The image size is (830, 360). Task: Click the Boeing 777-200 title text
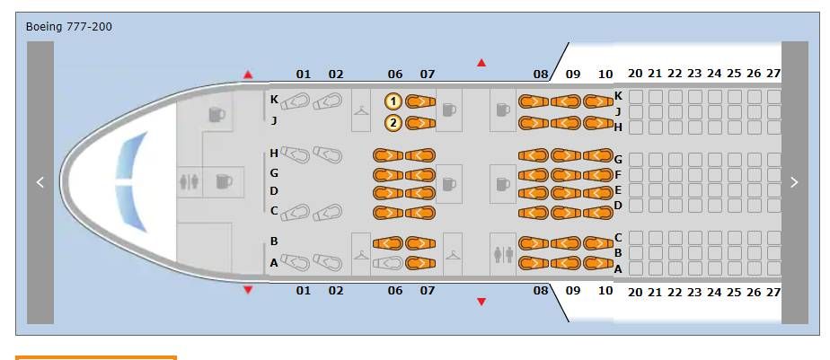[x=68, y=26]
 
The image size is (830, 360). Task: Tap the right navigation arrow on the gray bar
[x=794, y=182]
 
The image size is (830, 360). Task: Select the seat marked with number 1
[x=393, y=101]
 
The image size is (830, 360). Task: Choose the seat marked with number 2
[x=393, y=123]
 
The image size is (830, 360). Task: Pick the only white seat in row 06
[x=387, y=263]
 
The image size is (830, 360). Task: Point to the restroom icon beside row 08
[x=503, y=254]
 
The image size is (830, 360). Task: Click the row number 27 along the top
[x=773, y=74]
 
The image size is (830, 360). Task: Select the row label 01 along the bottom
[x=303, y=291]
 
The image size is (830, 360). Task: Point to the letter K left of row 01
[x=274, y=100]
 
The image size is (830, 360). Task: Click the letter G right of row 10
[x=618, y=159]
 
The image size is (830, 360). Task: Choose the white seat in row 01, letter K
[x=297, y=101]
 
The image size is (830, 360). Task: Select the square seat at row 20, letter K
[x=636, y=95]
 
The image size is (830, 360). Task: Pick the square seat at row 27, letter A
[x=773, y=268]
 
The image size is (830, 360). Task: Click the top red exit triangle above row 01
[x=248, y=75]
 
